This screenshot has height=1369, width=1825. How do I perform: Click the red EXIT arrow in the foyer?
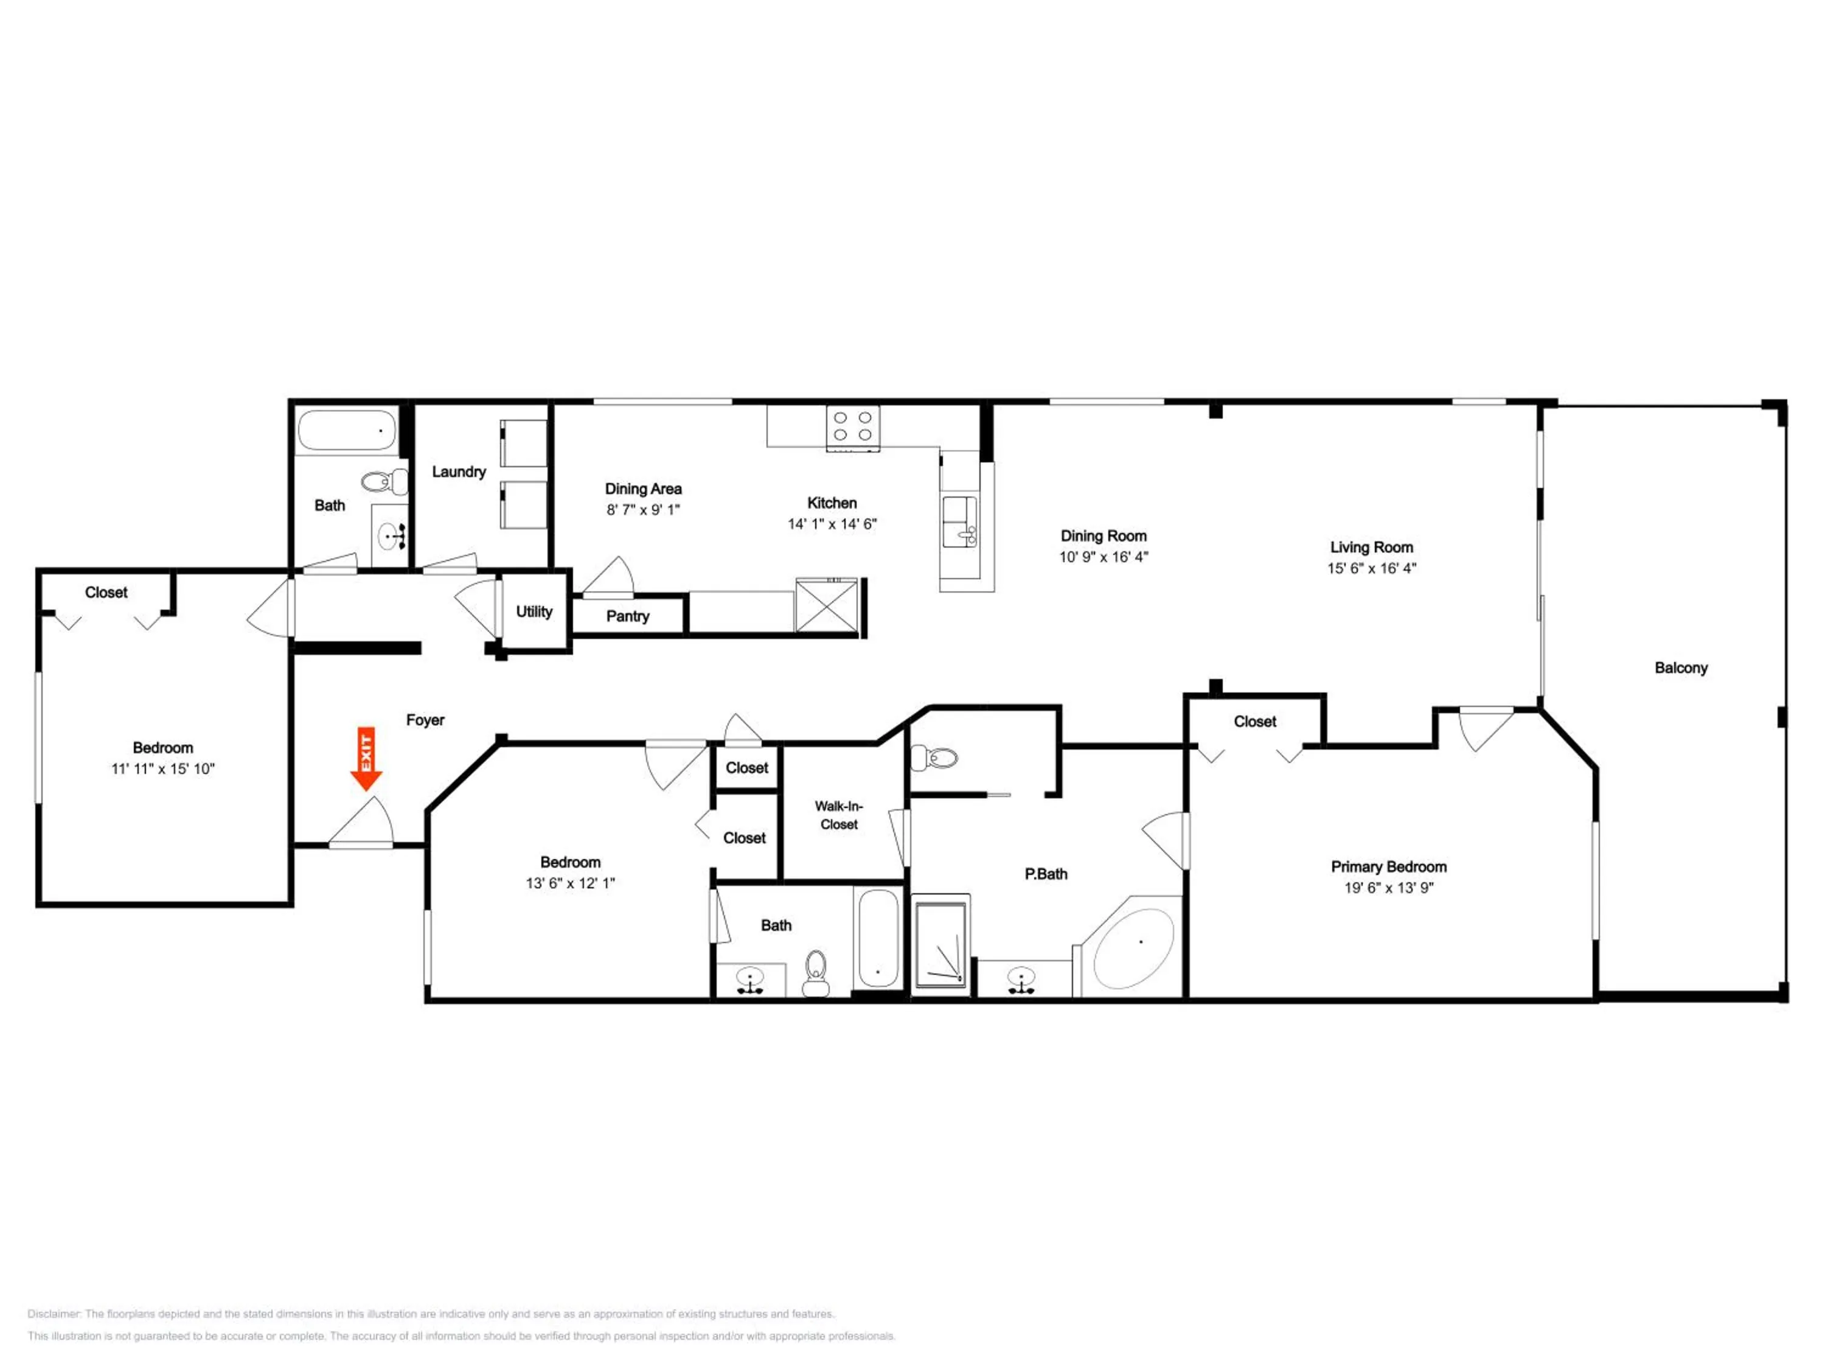point(366,758)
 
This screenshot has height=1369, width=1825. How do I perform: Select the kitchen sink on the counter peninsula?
point(959,521)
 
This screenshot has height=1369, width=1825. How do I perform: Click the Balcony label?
point(1681,667)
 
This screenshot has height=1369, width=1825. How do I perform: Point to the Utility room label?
point(534,611)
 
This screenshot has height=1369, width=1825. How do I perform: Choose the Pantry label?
point(628,616)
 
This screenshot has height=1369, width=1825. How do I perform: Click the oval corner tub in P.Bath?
point(1133,947)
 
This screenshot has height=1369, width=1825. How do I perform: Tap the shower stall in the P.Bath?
point(940,945)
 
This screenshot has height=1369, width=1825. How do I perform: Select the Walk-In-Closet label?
point(839,815)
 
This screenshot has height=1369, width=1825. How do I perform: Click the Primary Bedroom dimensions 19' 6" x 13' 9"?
point(1389,887)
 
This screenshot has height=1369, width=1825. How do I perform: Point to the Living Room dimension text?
point(1371,568)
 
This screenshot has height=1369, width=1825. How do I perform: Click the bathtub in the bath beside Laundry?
point(347,430)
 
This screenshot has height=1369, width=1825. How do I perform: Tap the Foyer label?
point(425,720)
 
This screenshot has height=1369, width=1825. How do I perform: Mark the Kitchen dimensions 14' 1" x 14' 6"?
point(832,523)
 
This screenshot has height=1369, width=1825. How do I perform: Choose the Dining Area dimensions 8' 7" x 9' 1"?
point(643,509)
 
